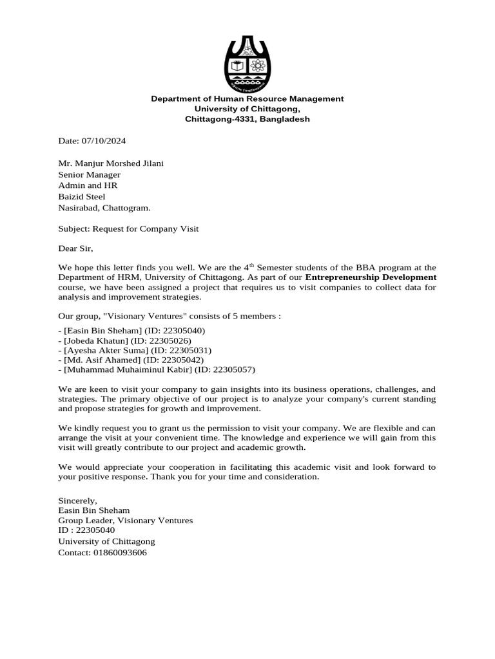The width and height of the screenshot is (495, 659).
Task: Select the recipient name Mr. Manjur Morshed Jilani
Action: click(111, 163)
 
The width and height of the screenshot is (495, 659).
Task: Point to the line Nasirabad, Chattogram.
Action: click(104, 208)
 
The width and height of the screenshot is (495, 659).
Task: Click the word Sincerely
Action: click(77, 500)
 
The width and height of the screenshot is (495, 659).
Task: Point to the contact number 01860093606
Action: click(120, 553)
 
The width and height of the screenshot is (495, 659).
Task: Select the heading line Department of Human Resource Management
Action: click(247, 98)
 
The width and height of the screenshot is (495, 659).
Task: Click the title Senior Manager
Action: click(89, 174)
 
